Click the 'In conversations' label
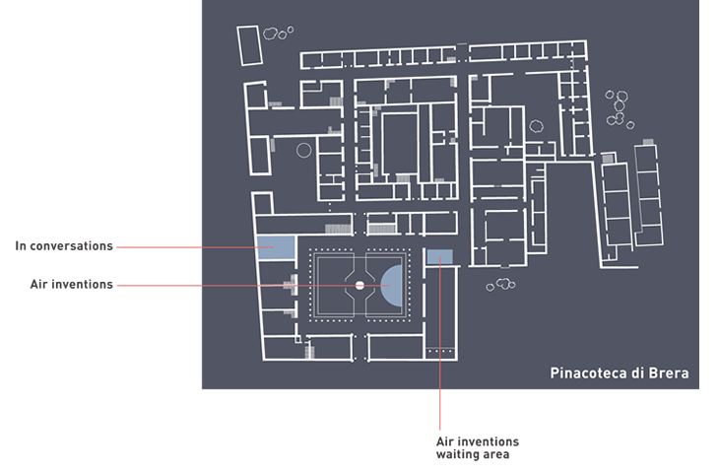64,245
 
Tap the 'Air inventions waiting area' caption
477,447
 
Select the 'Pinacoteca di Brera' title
620,373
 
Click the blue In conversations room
275,247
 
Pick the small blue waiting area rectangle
439,257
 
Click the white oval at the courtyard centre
359,285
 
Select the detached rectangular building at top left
249,46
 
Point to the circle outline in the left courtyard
303,151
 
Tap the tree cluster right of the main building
618,108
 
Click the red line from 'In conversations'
187,245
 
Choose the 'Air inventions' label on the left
72,285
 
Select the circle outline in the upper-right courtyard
536,126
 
